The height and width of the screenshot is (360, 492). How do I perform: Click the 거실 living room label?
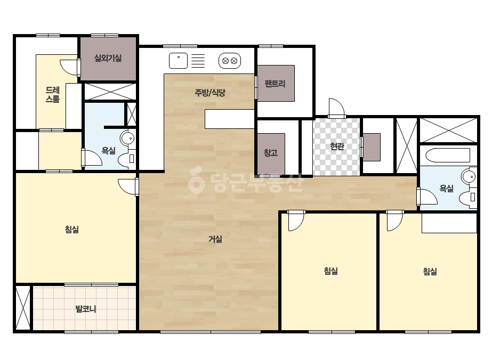pos(215,239)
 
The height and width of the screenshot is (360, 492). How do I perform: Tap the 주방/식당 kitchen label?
pos(210,93)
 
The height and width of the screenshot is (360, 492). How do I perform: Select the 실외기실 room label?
pos(108,58)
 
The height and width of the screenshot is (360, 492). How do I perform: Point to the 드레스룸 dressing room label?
pos(52,94)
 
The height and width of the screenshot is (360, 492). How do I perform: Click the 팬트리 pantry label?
pos(275,84)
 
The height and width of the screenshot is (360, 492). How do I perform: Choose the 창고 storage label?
pos(270,153)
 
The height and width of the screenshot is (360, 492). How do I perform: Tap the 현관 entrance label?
pos(337,146)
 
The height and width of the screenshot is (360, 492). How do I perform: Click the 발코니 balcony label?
pos(86,309)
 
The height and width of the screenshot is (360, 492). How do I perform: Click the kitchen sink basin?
pos(178,61)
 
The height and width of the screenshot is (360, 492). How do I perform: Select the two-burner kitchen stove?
pos(230,61)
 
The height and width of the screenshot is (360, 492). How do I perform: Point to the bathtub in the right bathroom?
pos(448,155)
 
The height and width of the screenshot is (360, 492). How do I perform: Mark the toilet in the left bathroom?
pos(127,159)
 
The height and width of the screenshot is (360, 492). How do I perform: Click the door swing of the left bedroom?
pos(128,187)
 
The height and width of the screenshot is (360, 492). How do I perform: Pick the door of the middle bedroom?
pos(296,221)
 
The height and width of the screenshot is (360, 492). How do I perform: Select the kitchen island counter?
pos(229,119)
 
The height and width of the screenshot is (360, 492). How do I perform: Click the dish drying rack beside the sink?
pos(198,61)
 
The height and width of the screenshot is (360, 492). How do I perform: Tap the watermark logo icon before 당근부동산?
pos(197,181)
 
